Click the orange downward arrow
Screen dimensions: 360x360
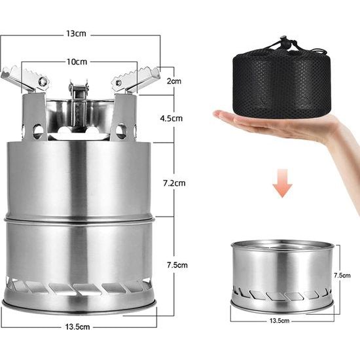pos(282,184)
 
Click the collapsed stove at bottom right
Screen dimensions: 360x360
pos(282,275)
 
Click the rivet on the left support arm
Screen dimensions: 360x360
pos(43,82)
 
